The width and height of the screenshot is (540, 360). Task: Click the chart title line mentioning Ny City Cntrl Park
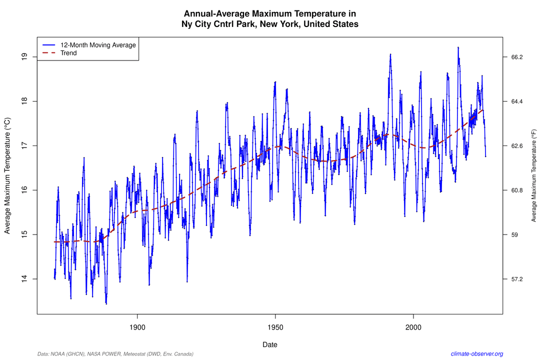(x=270, y=24)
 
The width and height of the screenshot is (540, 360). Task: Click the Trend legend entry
(x=68, y=53)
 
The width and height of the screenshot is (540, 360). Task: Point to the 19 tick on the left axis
(x=24, y=57)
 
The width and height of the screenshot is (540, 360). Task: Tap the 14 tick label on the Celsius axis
(x=24, y=278)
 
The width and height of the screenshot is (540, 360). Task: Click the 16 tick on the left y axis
(x=24, y=190)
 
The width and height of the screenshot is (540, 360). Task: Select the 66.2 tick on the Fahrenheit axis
(x=516, y=57)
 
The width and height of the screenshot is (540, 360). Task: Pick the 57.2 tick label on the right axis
(x=516, y=278)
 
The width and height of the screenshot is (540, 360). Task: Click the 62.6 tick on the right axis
(x=516, y=146)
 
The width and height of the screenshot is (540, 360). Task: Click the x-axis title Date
(x=270, y=344)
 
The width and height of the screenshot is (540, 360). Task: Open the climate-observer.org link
(x=476, y=353)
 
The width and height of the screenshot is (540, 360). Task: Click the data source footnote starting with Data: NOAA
(x=115, y=353)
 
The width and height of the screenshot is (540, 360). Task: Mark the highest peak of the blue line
(x=457, y=47)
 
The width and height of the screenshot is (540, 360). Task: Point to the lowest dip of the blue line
(x=106, y=303)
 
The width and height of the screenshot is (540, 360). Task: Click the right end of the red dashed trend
(x=482, y=109)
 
